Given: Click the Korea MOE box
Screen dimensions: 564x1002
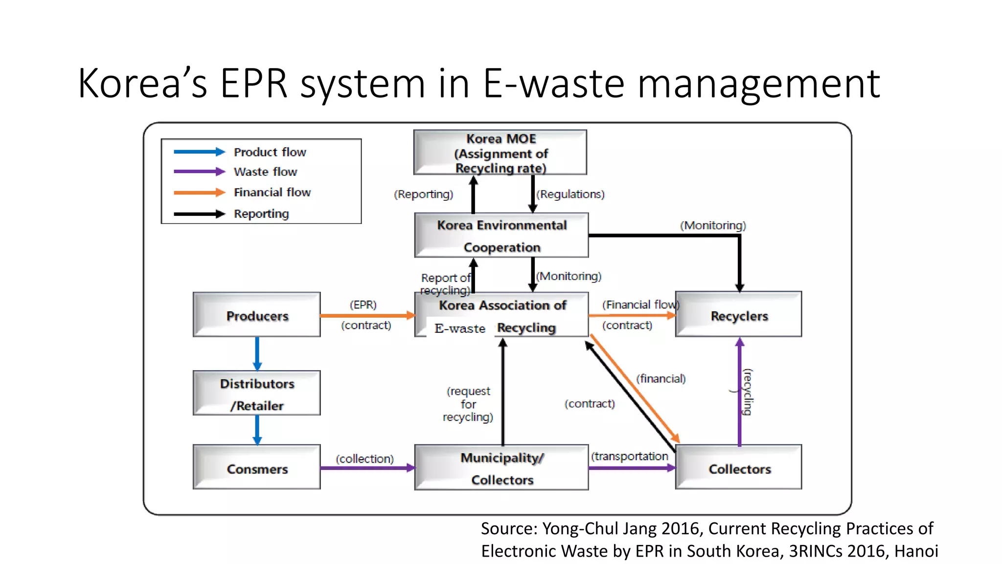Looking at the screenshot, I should tap(500, 152).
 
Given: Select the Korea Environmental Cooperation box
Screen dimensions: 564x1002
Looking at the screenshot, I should tap(501, 235).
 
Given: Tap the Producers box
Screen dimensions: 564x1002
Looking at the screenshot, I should tap(257, 315).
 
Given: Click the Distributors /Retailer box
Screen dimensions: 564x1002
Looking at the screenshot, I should tap(257, 393).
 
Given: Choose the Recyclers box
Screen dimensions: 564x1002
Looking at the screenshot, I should tap(738, 314).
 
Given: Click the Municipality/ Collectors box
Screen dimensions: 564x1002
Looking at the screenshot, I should tap(501, 468).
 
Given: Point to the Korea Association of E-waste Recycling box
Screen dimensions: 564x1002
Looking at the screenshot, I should tap(501, 315).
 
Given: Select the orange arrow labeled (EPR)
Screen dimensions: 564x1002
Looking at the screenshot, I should tap(367, 315).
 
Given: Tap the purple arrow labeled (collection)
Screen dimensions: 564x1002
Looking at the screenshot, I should tap(367, 468).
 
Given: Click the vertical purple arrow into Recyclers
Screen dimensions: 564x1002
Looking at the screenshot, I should tap(740, 392).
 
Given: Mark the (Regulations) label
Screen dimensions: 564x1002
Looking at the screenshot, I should tap(570, 194).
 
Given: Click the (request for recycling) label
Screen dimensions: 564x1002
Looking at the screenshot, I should tap(468, 404).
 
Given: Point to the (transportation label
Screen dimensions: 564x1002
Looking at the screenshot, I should tap(629, 456).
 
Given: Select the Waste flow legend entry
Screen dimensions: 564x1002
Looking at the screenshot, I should tap(265, 172).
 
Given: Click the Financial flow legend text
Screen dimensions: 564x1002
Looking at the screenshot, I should tap(272, 192).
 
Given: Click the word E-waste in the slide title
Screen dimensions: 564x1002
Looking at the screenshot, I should tap(553, 84).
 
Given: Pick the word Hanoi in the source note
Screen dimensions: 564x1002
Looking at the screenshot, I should tap(916, 551).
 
